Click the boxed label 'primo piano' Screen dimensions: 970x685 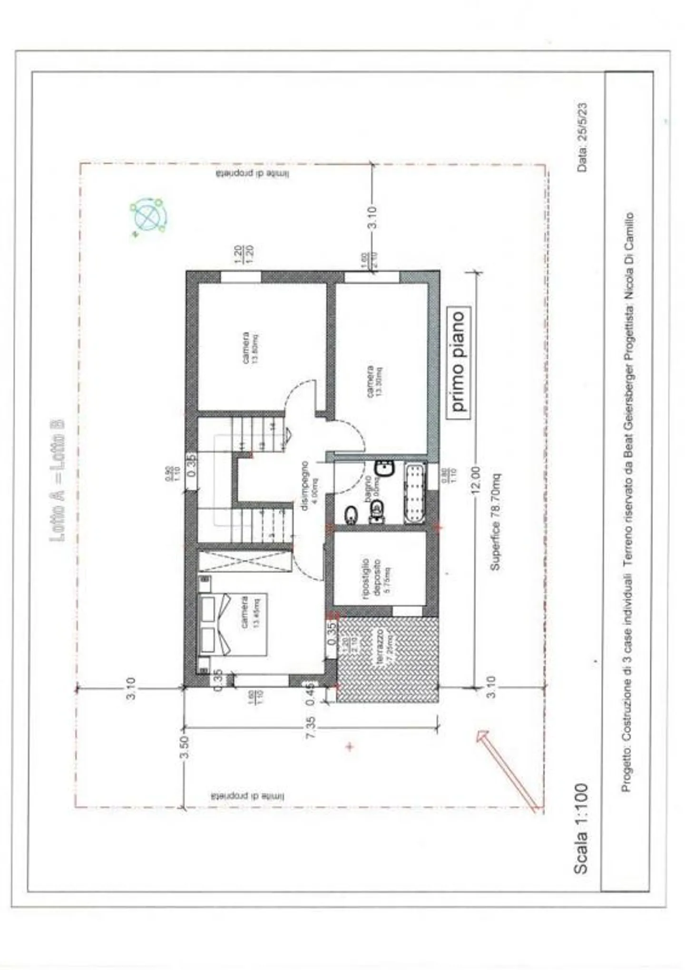pyautogui.click(x=458, y=362)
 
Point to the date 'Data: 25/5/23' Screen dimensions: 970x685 pyautogui.click(x=582, y=137)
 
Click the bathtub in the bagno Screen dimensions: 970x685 pyautogui.click(x=415, y=493)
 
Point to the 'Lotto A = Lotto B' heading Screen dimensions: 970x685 pyautogui.click(x=58, y=480)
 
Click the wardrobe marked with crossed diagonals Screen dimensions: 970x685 pyautogui.click(x=245, y=561)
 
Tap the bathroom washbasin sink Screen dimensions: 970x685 pyautogui.click(x=384, y=469)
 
